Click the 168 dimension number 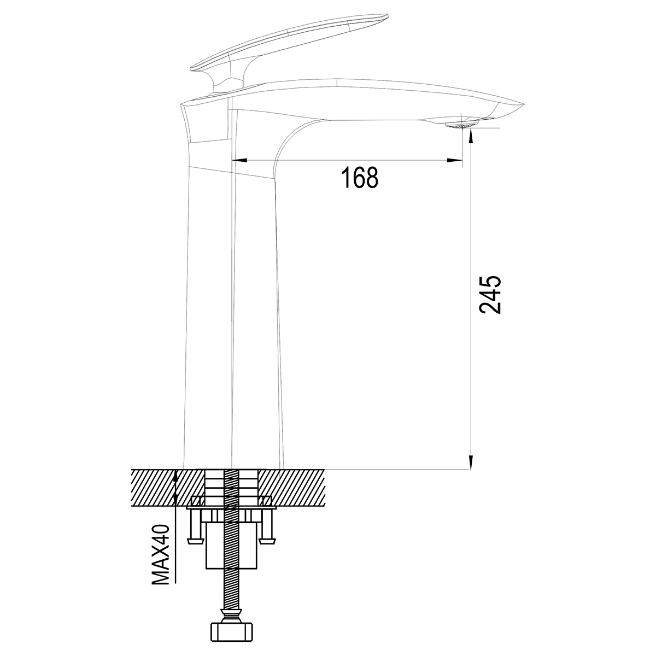(360, 177)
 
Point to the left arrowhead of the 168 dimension (239, 160)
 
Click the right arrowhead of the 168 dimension (455, 160)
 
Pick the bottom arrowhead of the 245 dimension (471, 462)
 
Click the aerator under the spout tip (461, 124)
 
